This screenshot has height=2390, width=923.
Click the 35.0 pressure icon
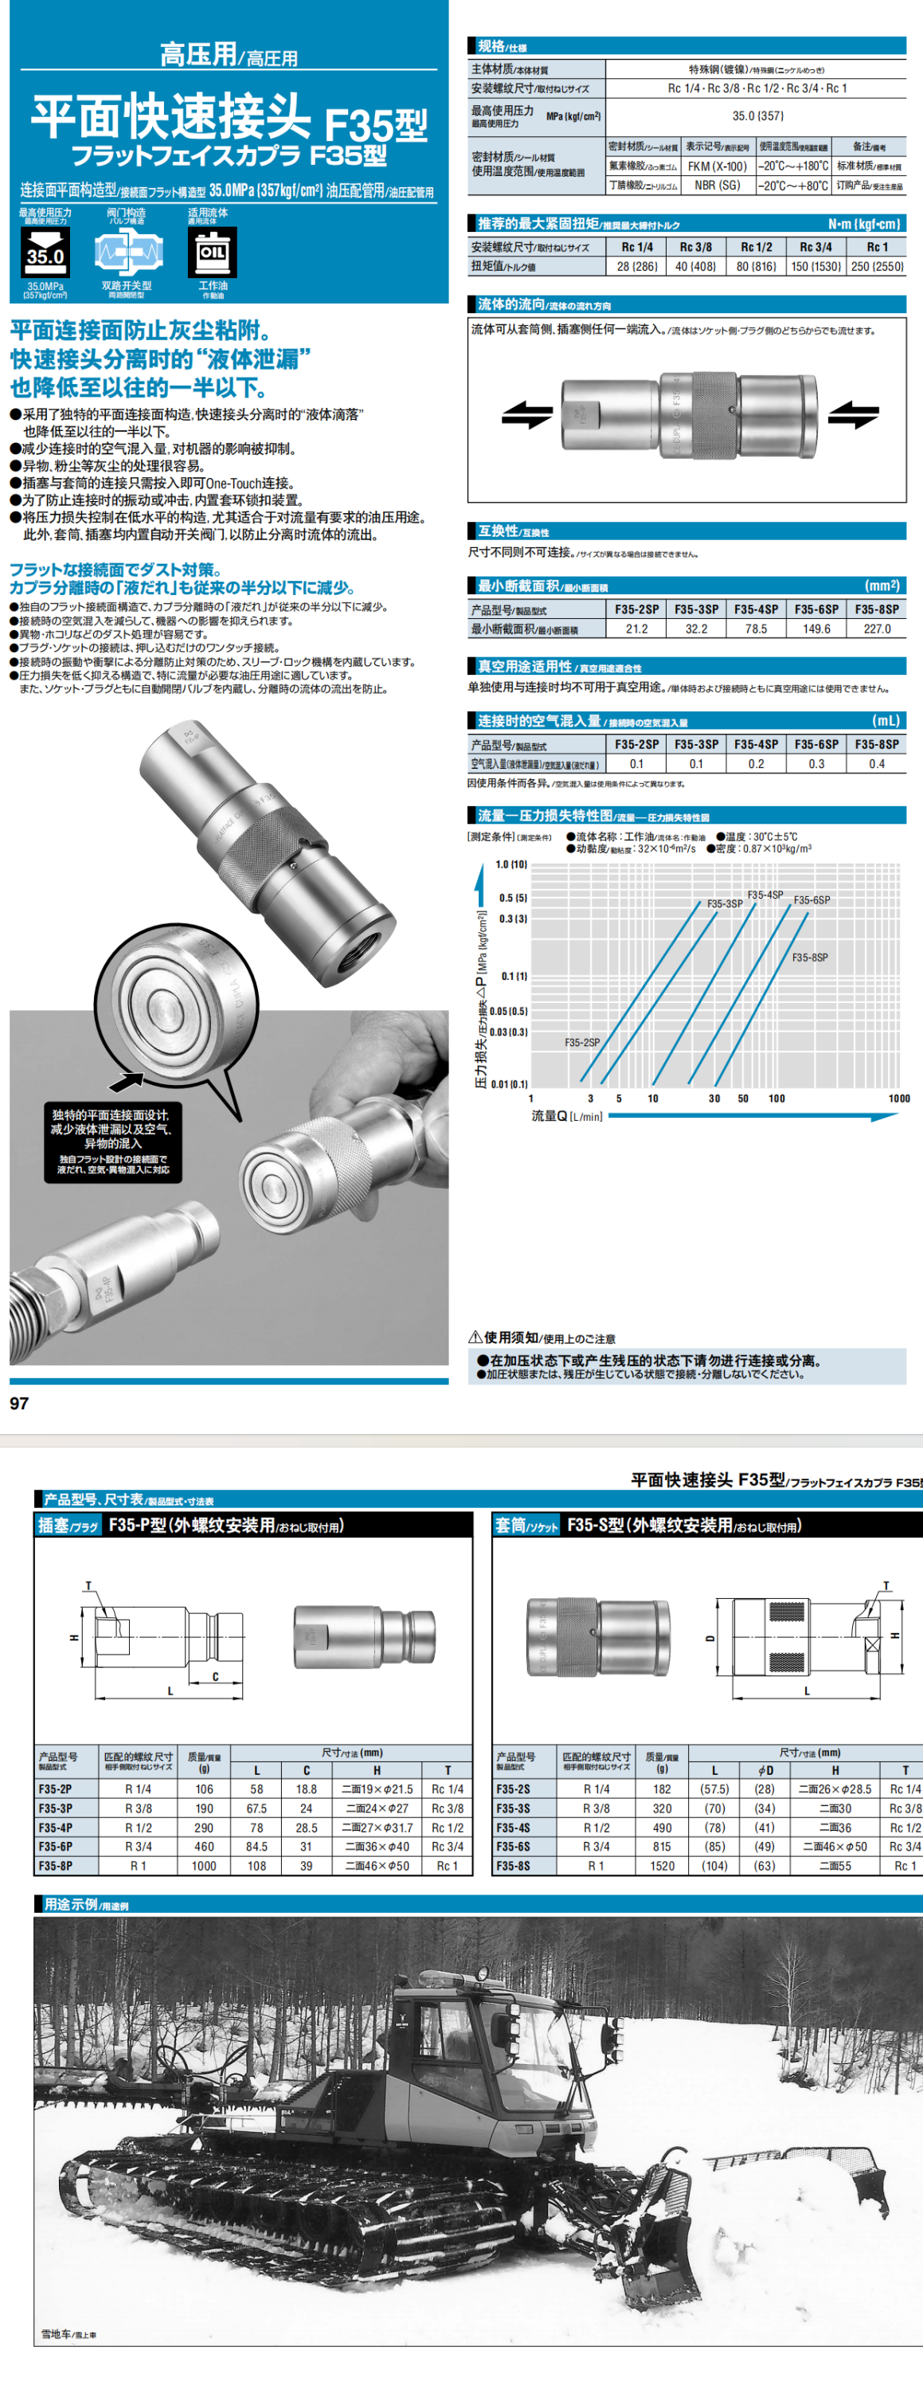(x=45, y=253)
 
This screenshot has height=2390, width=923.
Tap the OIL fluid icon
(x=213, y=253)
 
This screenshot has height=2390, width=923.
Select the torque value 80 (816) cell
(x=756, y=266)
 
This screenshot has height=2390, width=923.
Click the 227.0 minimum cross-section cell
(x=877, y=629)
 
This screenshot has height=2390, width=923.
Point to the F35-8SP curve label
(x=810, y=958)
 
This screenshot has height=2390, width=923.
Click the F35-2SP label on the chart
(x=581, y=1043)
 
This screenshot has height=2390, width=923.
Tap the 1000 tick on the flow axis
(x=899, y=1099)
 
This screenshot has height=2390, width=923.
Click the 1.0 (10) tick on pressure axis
(x=510, y=864)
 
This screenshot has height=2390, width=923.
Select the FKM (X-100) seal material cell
(x=716, y=166)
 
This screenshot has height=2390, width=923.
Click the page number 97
(x=19, y=1404)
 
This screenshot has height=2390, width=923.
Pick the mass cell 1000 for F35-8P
(x=204, y=1866)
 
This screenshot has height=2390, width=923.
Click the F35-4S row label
(x=513, y=1828)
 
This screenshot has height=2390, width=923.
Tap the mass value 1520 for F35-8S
(x=663, y=1866)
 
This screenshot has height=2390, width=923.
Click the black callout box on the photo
(x=112, y=1143)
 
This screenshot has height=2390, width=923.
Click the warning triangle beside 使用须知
(x=475, y=1337)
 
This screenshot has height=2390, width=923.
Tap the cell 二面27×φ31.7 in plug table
(x=377, y=1828)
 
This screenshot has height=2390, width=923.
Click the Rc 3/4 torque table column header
(x=815, y=247)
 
